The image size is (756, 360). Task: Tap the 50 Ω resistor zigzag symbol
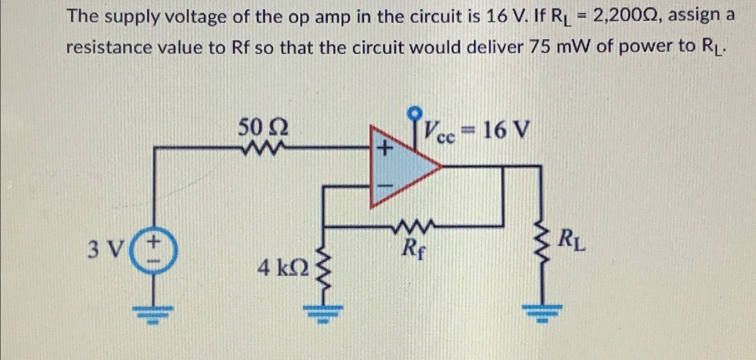click(262, 148)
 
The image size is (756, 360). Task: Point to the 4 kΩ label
click(283, 268)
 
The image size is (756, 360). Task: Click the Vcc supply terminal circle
click(414, 113)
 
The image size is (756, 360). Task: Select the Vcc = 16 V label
click(476, 131)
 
